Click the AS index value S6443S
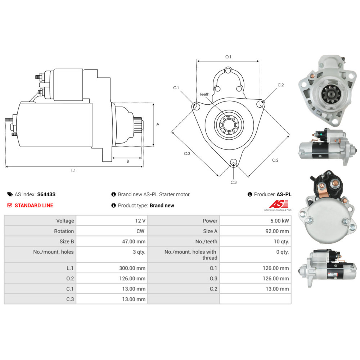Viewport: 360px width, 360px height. coord(46,194)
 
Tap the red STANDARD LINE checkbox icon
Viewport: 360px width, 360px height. coord(10,206)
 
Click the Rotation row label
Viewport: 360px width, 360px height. coord(64,231)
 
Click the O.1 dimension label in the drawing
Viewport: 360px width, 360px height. coord(228,57)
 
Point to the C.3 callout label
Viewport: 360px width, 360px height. coord(234,182)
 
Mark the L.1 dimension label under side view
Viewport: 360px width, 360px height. coord(73,171)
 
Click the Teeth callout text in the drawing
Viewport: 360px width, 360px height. coord(204,94)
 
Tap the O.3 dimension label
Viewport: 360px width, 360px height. coord(187,154)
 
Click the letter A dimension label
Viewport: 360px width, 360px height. coord(158,124)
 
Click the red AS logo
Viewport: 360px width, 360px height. coord(277,204)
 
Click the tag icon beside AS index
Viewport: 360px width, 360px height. coord(10,194)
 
